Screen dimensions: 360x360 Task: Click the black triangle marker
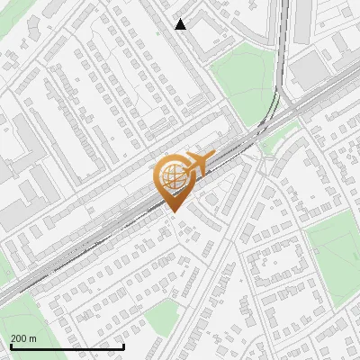point(181,24)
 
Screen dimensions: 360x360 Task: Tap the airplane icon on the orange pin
point(199,162)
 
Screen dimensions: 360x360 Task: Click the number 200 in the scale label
point(19,338)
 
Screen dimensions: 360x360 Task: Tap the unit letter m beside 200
point(33,338)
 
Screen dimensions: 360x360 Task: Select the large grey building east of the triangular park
point(309,68)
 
